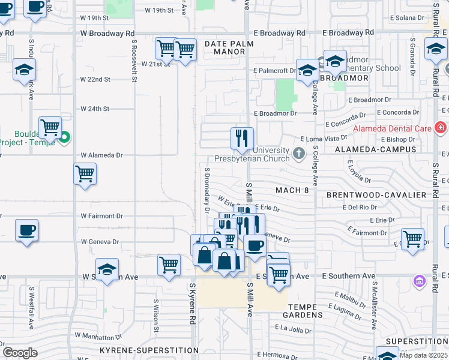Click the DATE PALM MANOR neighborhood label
click(x=229, y=47)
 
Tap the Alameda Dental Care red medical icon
click(x=440, y=128)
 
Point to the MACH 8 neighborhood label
click(x=292, y=190)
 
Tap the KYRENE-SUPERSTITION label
click(x=149, y=350)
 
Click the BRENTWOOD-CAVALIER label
click(x=376, y=195)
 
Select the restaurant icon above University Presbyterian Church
click(x=243, y=139)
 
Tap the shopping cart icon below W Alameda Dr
click(x=85, y=174)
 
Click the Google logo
click(x=20, y=352)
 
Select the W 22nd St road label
click(x=95, y=79)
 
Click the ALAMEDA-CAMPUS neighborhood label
click(x=384, y=149)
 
